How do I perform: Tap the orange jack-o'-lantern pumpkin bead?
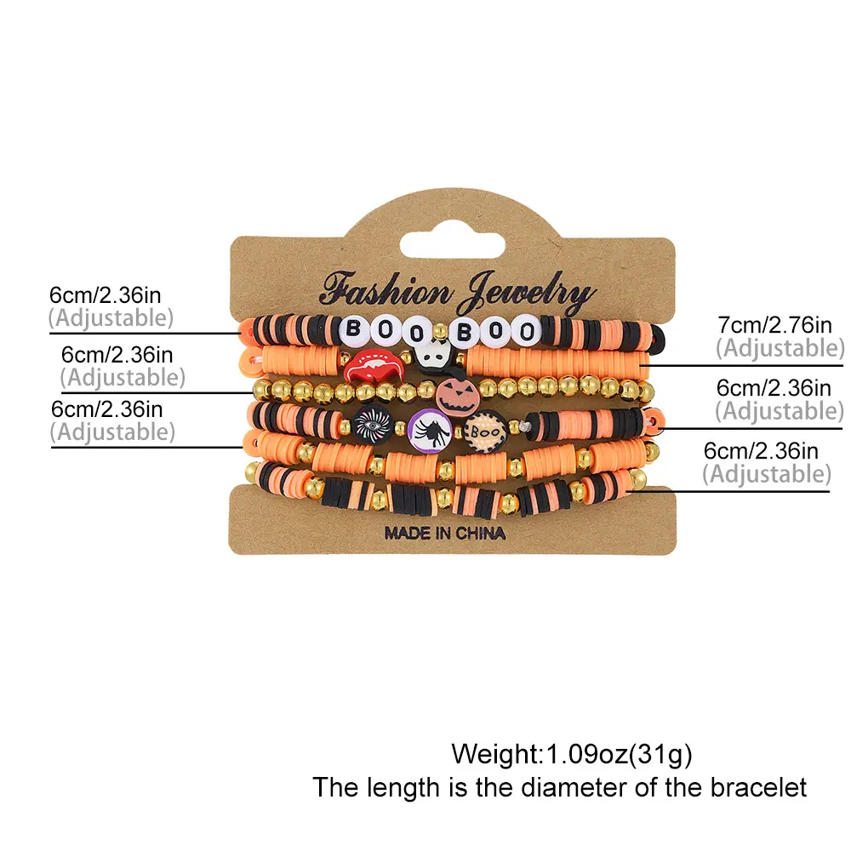pos(458,397)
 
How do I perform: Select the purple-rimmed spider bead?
pos(431,431)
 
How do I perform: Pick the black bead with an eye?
pos(373,425)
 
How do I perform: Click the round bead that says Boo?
pos(485,432)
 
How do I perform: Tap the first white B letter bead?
pos(353,328)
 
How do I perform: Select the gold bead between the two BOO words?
pos(440,330)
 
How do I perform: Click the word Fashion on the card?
pos(386,289)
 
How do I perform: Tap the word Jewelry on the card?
pos(525,294)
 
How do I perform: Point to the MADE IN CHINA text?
pos(444,533)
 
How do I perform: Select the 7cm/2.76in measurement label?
pos(774,324)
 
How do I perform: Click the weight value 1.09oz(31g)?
pos(619,754)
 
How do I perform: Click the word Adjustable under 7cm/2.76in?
pos(780,348)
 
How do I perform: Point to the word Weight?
pos(495,754)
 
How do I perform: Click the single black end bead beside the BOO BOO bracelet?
pos(657,337)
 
